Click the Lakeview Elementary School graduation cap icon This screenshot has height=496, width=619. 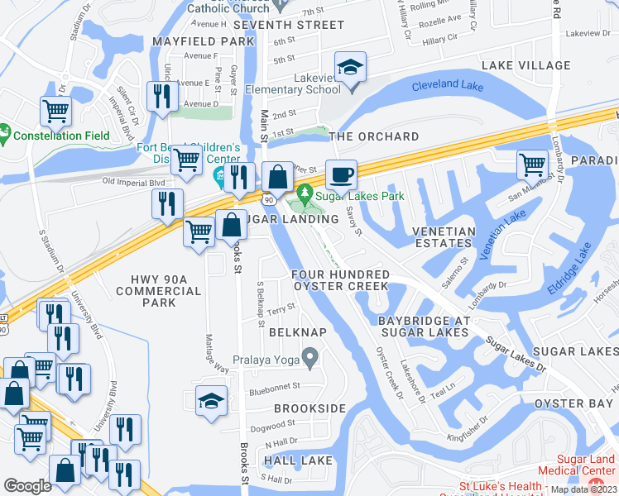(350, 67)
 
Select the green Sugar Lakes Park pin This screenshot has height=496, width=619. (305, 194)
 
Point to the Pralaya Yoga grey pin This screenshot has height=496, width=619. (310, 358)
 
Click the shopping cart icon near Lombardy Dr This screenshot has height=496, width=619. (532, 165)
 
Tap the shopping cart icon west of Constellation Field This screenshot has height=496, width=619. (55, 110)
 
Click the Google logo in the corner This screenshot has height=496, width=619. (27, 486)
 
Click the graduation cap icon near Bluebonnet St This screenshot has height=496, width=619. (211, 402)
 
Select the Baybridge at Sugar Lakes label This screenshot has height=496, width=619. (424, 326)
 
